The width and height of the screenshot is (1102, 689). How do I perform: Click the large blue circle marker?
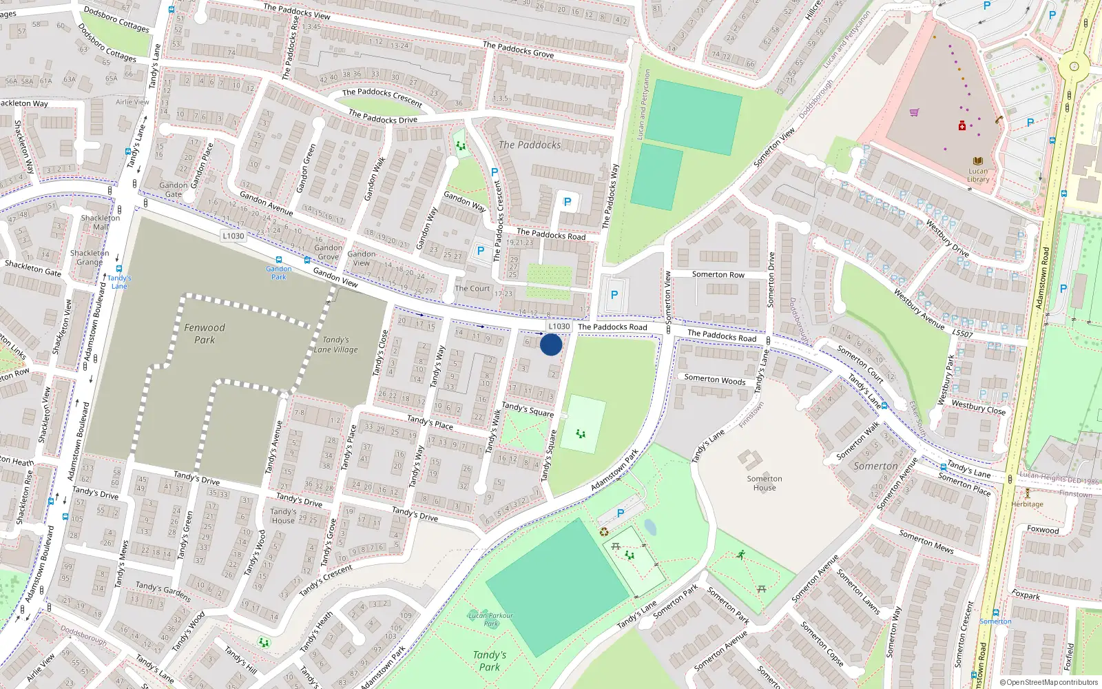click(x=551, y=344)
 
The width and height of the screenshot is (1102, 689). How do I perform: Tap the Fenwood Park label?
click(x=205, y=333)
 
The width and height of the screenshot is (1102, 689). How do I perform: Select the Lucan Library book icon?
click(x=978, y=161)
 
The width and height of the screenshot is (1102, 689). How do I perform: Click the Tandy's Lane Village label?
click(x=335, y=344)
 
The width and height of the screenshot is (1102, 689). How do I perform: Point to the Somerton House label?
click(x=765, y=483)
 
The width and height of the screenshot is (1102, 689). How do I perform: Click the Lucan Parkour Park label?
click(x=490, y=619)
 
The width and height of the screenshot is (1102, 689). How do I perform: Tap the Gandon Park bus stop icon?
click(x=278, y=260)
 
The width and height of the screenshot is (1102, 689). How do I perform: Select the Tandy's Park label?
click(x=489, y=661)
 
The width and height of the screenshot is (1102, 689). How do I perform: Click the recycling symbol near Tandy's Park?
click(x=604, y=531)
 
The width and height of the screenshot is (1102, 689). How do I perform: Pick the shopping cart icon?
click(x=915, y=112)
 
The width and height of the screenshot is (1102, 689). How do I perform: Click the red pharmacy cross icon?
click(x=962, y=126)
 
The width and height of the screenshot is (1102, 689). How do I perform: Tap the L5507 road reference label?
click(x=962, y=333)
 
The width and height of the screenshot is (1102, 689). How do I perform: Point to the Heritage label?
click(x=1028, y=504)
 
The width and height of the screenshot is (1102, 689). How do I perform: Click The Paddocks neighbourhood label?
click(x=530, y=145)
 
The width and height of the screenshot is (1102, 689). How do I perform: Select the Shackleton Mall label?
click(x=101, y=222)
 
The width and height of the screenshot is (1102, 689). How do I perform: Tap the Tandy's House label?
click(x=283, y=516)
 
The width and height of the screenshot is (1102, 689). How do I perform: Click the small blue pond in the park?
click(x=650, y=528)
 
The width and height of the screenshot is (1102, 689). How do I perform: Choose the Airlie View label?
click(x=132, y=102)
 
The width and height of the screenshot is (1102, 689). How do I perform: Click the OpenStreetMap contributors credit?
click(x=1049, y=682)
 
